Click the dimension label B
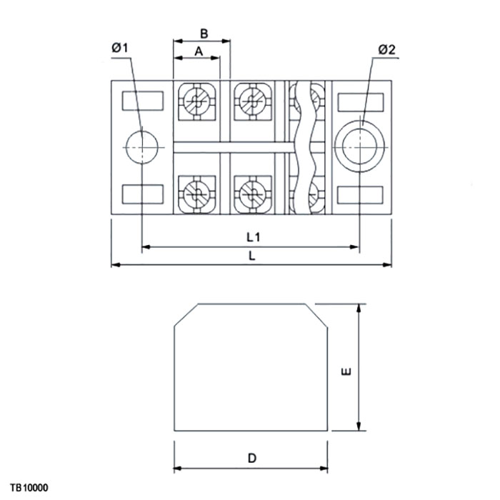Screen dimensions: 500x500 [204, 34]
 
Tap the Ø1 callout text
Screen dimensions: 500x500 [119, 48]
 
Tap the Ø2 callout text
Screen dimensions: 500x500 [386, 49]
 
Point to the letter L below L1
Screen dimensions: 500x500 [252, 255]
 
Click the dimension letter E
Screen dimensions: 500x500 [346, 371]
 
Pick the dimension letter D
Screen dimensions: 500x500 [252, 458]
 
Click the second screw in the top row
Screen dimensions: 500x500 [251, 101]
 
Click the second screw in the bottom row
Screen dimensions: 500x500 [251, 194]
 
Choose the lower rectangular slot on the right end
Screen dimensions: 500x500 [361, 194]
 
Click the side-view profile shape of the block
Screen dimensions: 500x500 [251, 371]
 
